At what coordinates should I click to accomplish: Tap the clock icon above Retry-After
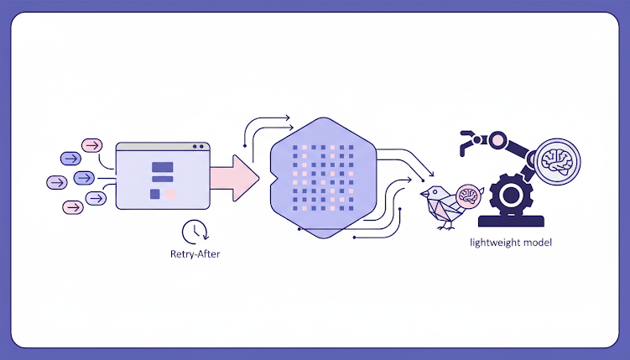coord(194,230)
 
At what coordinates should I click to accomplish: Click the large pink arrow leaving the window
coord(236,177)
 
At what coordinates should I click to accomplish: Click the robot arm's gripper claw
coord(466,143)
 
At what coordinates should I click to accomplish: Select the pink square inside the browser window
coord(170,194)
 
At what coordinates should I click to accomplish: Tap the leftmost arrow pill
coord(56,180)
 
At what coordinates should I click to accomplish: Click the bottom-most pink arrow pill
coord(72,206)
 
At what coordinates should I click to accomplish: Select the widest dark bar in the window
coord(162,166)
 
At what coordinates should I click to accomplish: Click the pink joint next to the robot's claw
coord(500,138)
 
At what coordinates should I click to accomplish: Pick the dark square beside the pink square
coord(155,194)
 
